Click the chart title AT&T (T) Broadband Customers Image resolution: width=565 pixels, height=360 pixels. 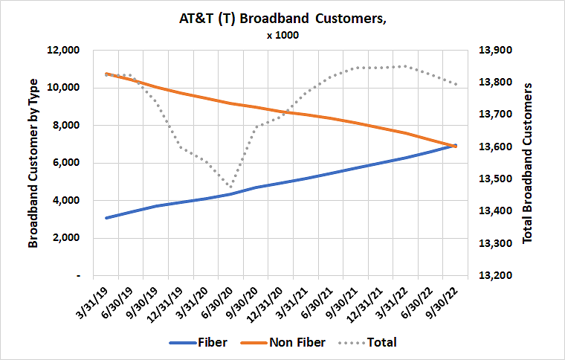tap(282, 20)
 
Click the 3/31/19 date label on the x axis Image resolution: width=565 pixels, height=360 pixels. tap(95, 302)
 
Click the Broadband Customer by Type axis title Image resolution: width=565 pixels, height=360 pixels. tap(33, 163)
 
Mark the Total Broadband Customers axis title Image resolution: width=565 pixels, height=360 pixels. tap(529, 163)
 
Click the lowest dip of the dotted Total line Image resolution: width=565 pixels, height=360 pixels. tap(230, 187)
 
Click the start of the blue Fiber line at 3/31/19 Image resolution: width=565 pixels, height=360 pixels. tap(107, 218)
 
